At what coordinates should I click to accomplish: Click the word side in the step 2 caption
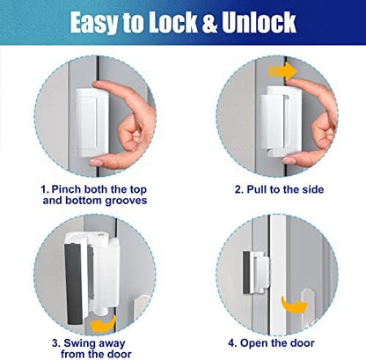click(309, 189)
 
